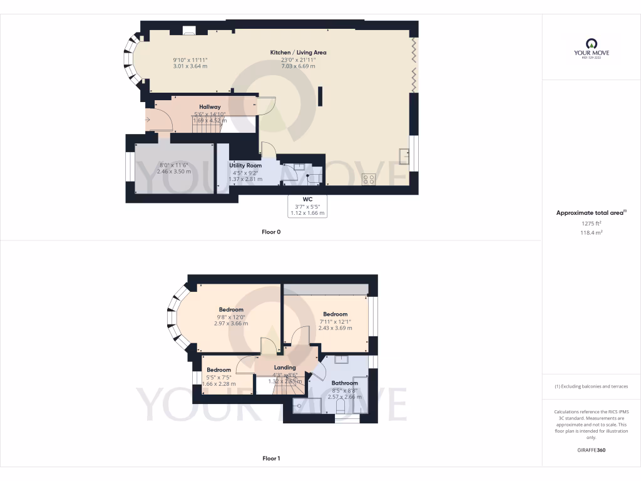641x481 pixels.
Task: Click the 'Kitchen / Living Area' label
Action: point(298,53)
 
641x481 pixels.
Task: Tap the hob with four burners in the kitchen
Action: point(369,179)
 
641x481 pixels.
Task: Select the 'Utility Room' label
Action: point(245,165)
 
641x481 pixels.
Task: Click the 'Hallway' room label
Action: point(210,107)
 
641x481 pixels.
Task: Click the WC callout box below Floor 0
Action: point(307,206)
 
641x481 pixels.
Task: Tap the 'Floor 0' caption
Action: point(271,232)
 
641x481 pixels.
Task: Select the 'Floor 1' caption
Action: point(271,458)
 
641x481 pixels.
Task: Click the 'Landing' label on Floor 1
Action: point(285,368)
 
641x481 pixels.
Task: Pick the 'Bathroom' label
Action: point(344,383)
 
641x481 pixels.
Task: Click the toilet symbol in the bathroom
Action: point(342,408)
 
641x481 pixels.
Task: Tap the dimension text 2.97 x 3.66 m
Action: point(230,324)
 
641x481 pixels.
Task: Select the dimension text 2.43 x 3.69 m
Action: point(335,328)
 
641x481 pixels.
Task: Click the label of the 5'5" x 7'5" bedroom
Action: point(218,370)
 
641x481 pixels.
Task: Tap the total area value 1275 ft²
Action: point(591,223)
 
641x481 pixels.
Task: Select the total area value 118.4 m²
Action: point(591,232)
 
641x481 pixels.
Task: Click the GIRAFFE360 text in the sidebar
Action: point(591,450)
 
